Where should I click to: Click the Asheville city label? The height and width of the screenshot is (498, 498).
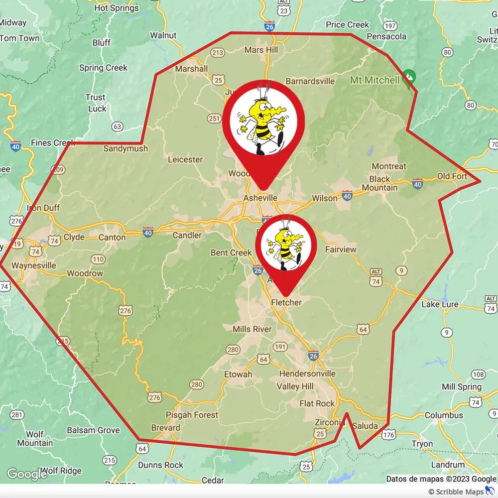(260, 198)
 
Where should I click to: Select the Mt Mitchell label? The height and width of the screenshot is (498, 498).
(374, 80)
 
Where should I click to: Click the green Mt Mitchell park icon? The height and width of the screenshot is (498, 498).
(409, 76)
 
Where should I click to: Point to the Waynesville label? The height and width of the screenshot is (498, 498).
(34, 265)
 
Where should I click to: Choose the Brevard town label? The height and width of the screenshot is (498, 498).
(165, 428)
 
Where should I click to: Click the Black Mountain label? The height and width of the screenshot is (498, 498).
(383, 183)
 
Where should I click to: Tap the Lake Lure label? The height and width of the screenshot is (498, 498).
(440, 304)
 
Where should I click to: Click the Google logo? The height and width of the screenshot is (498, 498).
(27, 475)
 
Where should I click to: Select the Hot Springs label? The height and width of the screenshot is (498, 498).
(116, 8)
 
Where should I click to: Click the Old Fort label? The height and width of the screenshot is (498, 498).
(452, 176)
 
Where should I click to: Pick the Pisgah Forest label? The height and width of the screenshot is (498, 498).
(192, 415)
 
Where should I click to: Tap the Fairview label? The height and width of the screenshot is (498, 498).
(341, 249)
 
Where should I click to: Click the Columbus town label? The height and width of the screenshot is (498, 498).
(444, 415)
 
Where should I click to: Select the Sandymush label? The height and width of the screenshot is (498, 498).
(125, 148)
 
